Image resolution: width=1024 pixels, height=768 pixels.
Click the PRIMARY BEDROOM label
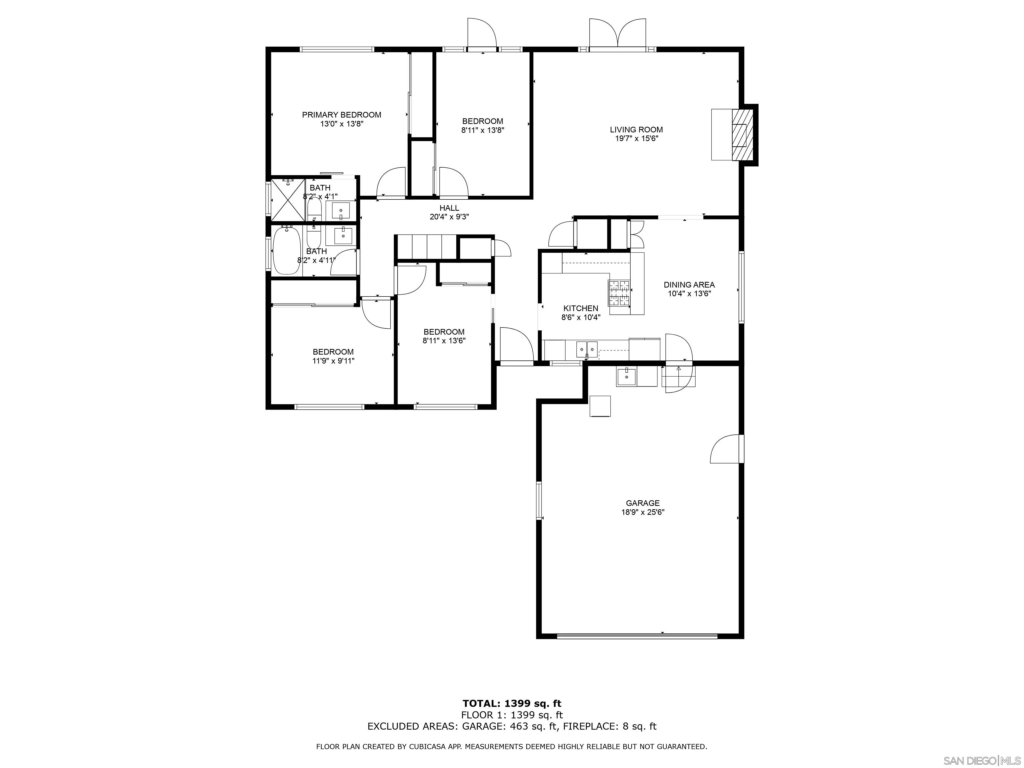[x=342, y=115]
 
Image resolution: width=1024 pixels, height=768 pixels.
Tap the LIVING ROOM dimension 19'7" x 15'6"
[x=636, y=138]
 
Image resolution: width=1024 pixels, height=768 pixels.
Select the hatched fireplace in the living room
[x=743, y=135]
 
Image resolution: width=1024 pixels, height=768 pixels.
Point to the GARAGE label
[x=643, y=503]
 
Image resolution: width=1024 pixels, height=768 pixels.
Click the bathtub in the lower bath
[x=287, y=250]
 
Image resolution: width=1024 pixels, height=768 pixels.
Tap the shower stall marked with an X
[x=287, y=200]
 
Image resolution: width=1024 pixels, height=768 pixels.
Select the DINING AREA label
[x=689, y=285]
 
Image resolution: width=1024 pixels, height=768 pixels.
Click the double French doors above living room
[x=618, y=33]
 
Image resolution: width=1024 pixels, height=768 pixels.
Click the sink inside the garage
[x=626, y=376]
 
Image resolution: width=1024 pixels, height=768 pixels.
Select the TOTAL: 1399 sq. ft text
[x=512, y=704]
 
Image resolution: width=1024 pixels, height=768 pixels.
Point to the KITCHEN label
[x=581, y=308]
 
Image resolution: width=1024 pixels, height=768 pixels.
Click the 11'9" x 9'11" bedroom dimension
[x=333, y=361]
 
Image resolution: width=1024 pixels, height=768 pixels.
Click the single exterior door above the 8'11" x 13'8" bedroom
[x=482, y=33]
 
